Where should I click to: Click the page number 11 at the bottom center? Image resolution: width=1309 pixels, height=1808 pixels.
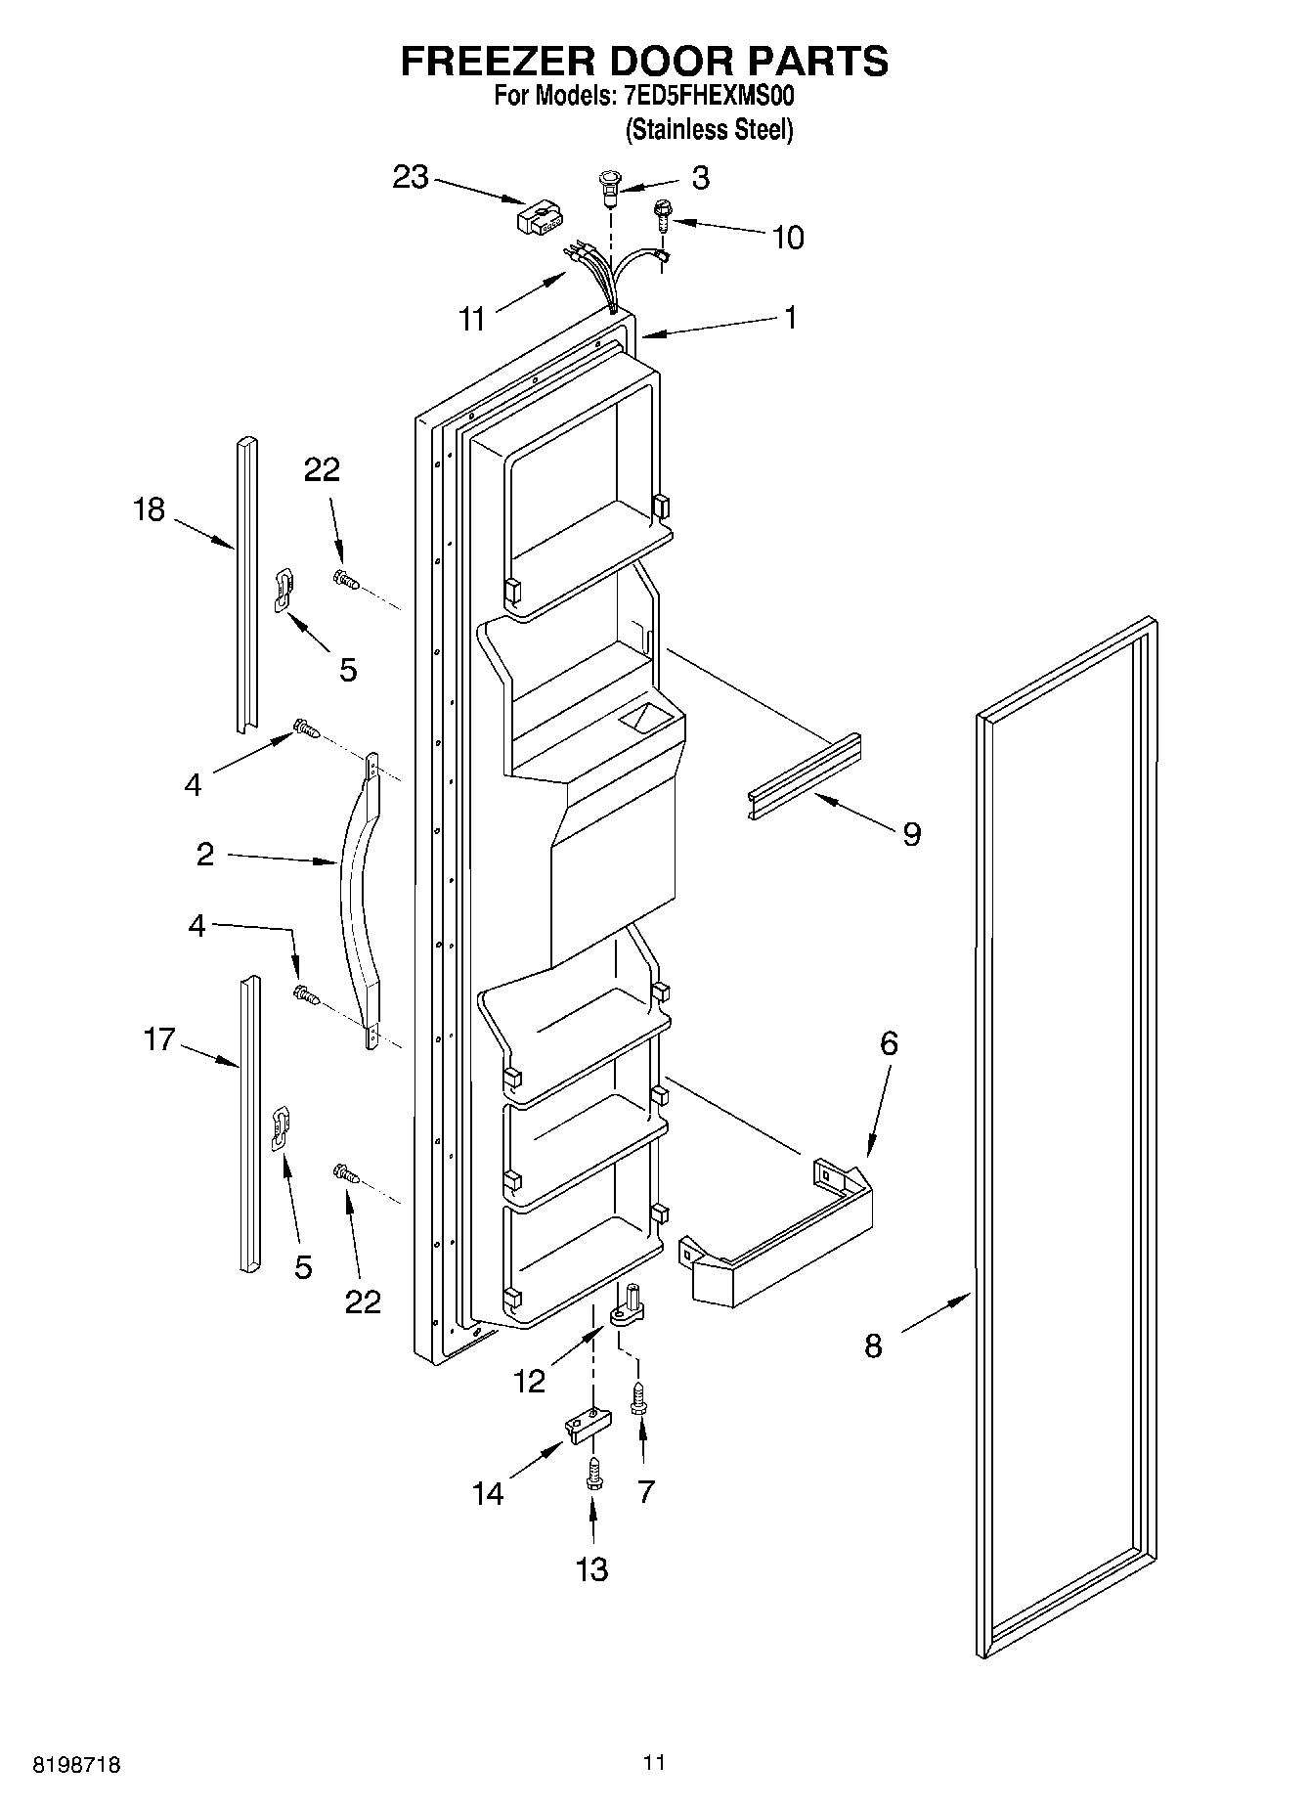(x=654, y=1762)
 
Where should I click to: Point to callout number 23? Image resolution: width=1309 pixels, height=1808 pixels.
(x=411, y=177)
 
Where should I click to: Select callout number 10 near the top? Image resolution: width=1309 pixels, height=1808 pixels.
(x=788, y=238)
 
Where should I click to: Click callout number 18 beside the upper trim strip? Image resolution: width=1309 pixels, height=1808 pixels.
(x=150, y=509)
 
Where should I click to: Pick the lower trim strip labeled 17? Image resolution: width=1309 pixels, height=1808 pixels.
(x=250, y=1124)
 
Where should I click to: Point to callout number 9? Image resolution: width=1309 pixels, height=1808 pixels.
(x=911, y=834)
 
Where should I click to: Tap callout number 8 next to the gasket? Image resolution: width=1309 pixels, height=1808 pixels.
(x=873, y=1346)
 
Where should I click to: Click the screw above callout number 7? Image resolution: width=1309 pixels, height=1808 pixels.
(x=638, y=1395)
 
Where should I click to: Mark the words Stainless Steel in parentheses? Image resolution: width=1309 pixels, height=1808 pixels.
(x=709, y=129)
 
